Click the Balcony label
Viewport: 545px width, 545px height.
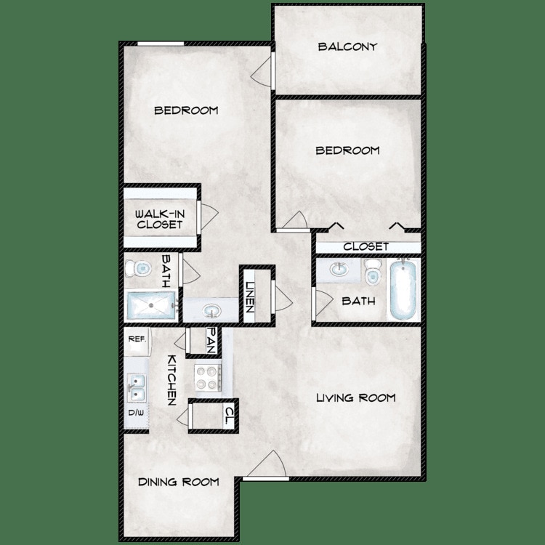point(347,47)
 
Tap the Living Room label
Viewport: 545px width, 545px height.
point(355,397)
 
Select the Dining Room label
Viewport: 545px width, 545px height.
point(179,482)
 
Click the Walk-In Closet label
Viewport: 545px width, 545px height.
point(159,219)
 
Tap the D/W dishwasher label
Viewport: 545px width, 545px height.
point(136,413)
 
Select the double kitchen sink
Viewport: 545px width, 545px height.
point(135,387)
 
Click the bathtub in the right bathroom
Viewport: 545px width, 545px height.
point(403,291)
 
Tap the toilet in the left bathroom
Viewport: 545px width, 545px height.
point(134,269)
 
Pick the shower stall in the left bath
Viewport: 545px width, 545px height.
point(150,305)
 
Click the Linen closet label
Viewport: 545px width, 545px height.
point(249,296)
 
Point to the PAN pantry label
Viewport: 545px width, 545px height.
point(211,340)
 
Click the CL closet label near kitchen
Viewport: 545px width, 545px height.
point(227,416)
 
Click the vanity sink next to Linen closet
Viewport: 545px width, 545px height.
point(211,310)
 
